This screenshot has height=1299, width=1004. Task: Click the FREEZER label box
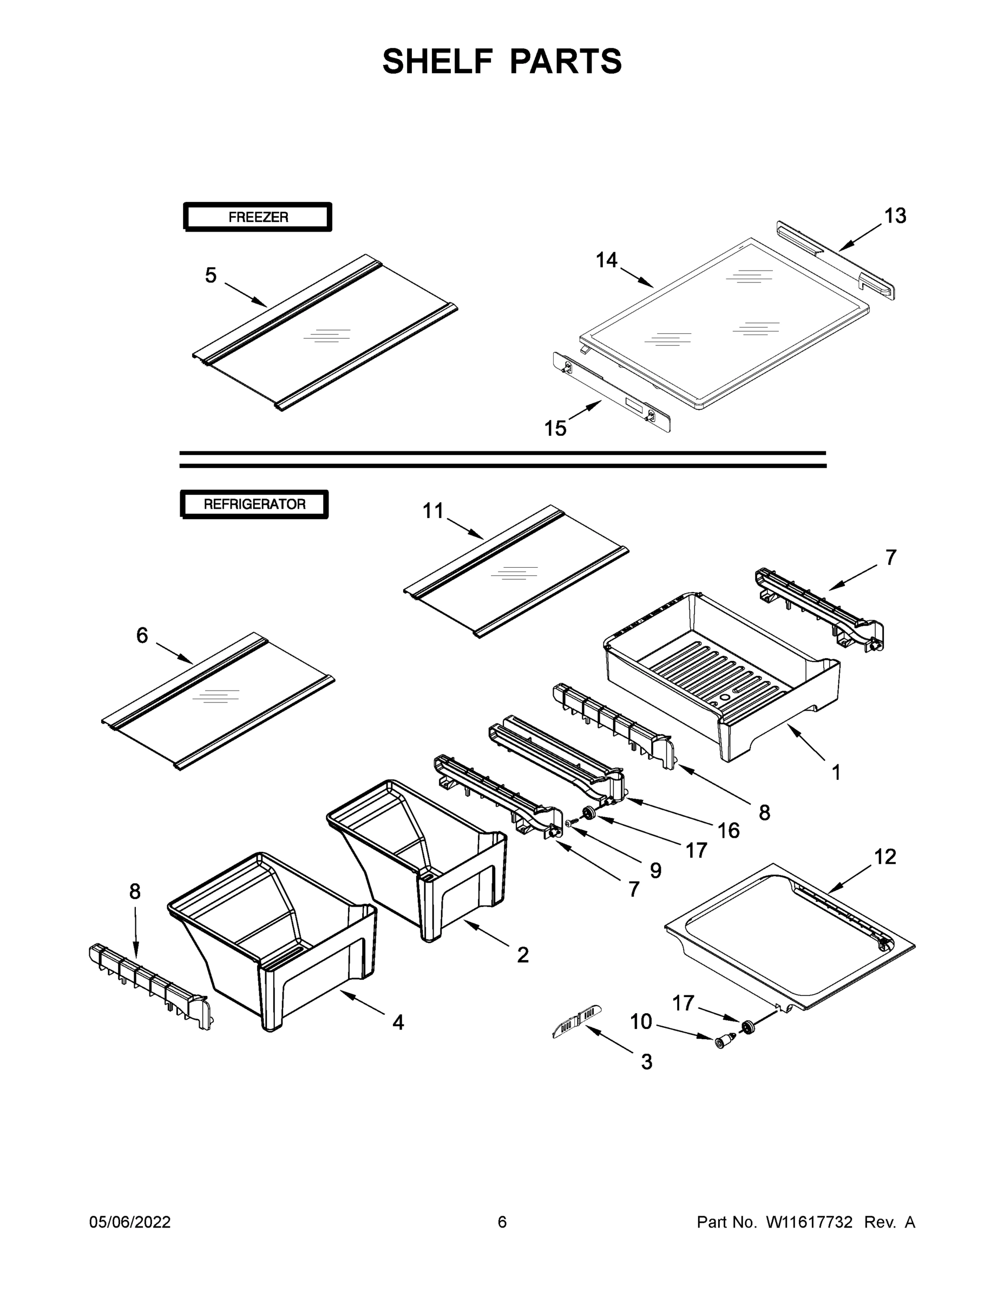click(258, 217)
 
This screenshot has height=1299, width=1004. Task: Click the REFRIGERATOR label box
click(254, 504)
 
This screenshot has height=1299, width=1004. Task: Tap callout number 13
click(895, 216)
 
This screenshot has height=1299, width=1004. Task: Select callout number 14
click(607, 260)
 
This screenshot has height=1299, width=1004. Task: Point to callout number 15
click(555, 428)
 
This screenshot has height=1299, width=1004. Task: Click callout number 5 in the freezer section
click(211, 275)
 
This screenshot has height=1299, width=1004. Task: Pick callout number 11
click(433, 510)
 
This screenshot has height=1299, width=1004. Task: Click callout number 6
click(142, 635)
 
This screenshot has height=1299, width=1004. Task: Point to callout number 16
click(729, 831)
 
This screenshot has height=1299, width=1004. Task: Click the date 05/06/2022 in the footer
click(130, 1222)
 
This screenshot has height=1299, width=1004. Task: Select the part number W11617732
click(809, 1222)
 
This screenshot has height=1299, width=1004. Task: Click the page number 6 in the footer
click(502, 1222)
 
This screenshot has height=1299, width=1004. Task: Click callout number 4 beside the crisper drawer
click(398, 1022)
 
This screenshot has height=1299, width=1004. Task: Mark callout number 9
click(655, 871)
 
